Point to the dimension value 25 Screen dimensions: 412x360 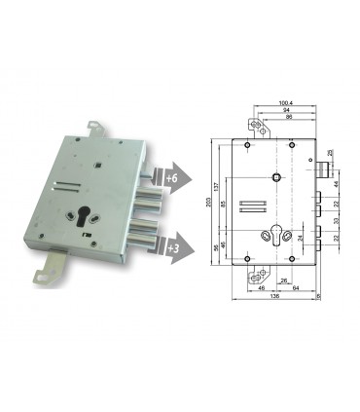click(330, 154)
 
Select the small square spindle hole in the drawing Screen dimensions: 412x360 click(277, 176)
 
